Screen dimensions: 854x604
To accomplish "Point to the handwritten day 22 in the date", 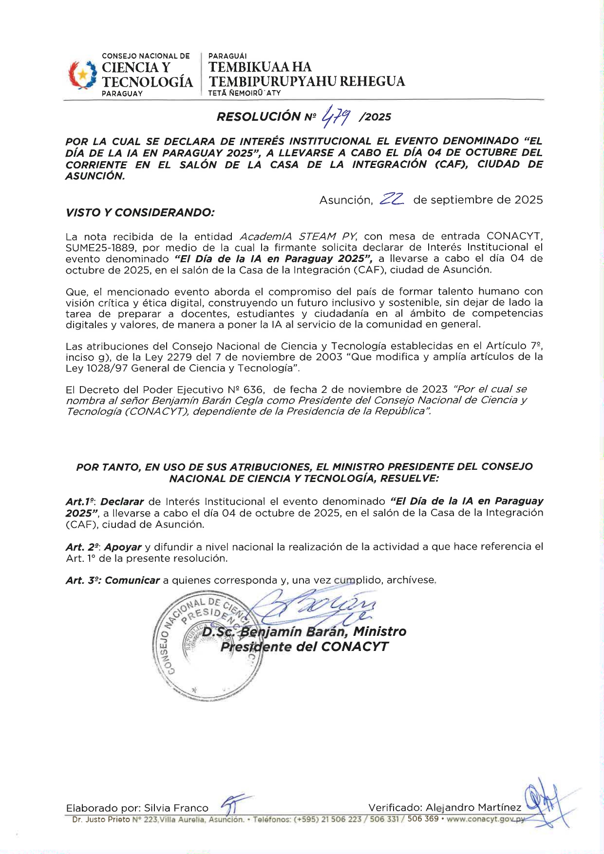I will (392, 199).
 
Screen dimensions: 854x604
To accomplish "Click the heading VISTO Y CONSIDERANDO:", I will (140, 212).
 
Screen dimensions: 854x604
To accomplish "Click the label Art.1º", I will (79, 501).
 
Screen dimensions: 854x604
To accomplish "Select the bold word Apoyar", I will (123, 547).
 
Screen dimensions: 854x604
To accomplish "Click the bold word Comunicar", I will (132, 580).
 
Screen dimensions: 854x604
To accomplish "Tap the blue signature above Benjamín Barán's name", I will (317, 608).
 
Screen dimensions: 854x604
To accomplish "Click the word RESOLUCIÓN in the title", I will (258, 117).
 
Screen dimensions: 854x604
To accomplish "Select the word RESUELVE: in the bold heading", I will (409, 479).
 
